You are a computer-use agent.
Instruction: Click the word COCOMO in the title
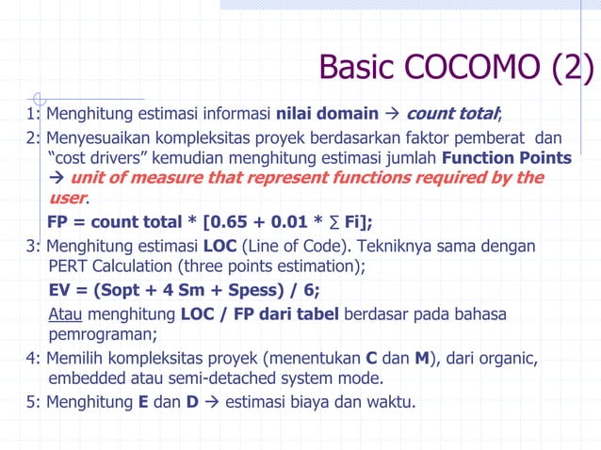(470, 67)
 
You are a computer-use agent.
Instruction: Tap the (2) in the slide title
(570, 67)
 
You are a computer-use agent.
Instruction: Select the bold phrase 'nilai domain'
(326, 116)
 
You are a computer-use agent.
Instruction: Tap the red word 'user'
(67, 199)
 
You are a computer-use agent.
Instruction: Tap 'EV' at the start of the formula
(61, 290)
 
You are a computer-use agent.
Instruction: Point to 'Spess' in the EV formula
(247, 290)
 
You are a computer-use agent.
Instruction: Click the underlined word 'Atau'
(65, 313)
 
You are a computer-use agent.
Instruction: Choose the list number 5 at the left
(32, 402)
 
